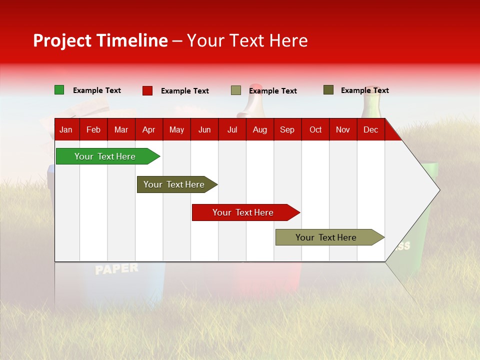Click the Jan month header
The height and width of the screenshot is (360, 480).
[x=66, y=129]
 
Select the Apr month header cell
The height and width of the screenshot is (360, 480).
[x=149, y=129]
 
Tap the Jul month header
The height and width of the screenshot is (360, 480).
[x=232, y=129]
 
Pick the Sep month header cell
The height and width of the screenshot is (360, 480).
[x=287, y=129]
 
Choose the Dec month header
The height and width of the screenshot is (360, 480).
[x=370, y=129]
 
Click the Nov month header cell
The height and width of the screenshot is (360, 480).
[x=343, y=129]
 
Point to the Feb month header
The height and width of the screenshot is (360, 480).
[x=93, y=129]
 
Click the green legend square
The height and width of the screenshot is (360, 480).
[x=59, y=90]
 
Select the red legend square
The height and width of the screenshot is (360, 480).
[x=147, y=90]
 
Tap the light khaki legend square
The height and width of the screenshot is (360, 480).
[x=236, y=90]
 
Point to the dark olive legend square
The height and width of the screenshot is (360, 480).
[x=328, y=90]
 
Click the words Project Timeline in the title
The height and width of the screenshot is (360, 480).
[x=100, y=40]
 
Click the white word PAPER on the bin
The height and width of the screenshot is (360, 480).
[x=116, y=268]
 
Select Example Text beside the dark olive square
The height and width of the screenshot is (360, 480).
[x=364, y=90]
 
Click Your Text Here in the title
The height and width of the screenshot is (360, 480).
[x=247, y=40]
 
